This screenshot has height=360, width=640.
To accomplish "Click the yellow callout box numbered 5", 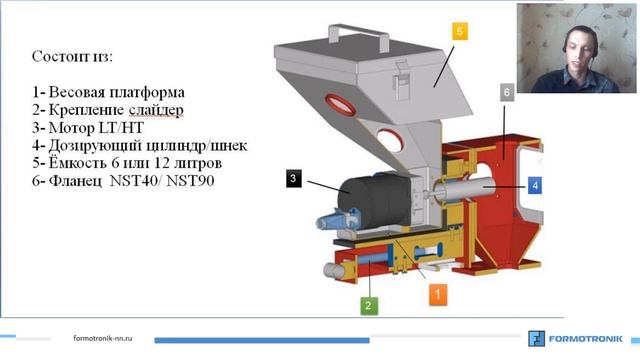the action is tap(458, 32).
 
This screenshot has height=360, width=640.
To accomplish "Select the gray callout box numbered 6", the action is tap(507, 92).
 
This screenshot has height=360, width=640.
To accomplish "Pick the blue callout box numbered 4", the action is tap(535, 185).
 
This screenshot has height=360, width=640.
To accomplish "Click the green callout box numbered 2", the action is tap(368, 305).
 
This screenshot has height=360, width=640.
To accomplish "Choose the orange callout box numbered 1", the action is tap(438, 293).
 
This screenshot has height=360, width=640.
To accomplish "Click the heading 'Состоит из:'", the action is tap(73, 55).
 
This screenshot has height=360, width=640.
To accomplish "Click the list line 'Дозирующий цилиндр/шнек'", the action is tap(139, 145).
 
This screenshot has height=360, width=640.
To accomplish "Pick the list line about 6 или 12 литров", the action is tap(126, 163).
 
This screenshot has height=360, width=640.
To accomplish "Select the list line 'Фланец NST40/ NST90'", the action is tap(121, 181).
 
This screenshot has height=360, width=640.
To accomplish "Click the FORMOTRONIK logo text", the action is tap(589, 337).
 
